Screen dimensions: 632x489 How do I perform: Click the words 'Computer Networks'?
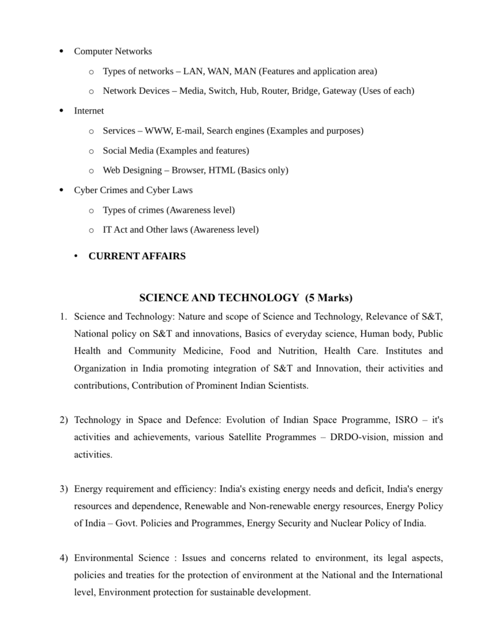tap(113, 51)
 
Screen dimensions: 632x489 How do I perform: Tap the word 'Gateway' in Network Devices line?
tap(339, 91)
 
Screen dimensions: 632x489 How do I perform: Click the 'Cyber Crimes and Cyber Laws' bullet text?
tap(133, 190)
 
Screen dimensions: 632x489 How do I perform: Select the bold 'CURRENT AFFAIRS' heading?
tap(137, 256)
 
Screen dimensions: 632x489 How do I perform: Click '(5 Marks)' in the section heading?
tap(329, 298)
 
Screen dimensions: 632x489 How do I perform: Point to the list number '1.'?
tap(64, 317)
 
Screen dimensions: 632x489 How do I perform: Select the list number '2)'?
tap(64, 421)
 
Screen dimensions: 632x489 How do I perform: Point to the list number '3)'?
tap(64, 489)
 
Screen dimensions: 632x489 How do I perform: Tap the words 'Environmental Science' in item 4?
tap(121, 558)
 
